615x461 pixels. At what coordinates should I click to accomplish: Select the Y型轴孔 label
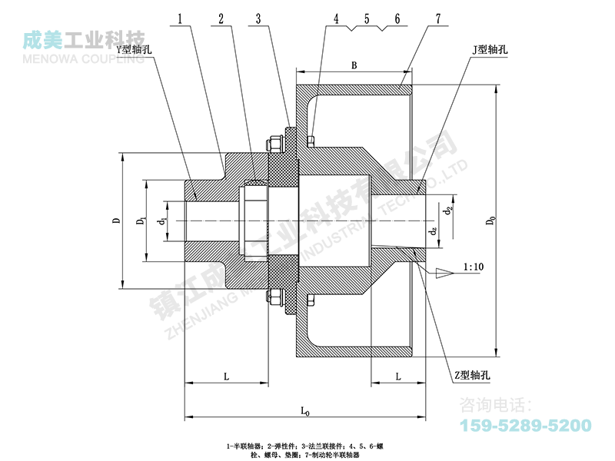click(131, 48)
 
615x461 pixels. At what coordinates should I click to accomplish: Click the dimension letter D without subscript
click(115, 221)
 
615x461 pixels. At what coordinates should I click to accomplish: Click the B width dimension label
click(354, 66)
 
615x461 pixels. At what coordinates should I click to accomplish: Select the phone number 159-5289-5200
click(525, 425)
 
